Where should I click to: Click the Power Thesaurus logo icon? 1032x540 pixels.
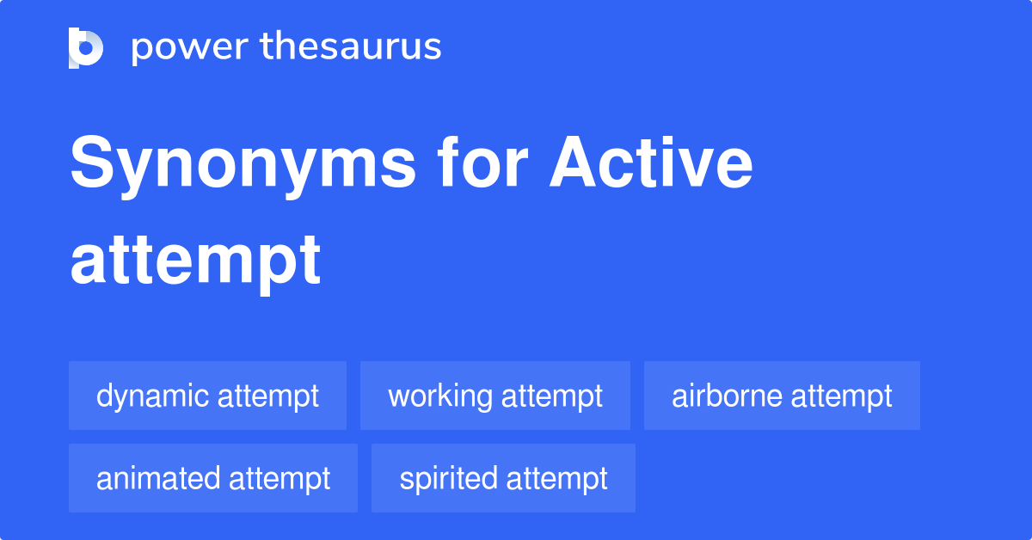86,47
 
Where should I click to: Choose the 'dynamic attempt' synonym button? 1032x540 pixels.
207,396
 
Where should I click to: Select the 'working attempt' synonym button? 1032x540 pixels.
494,396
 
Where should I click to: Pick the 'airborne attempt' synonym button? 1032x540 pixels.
782,396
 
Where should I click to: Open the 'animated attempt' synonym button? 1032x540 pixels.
213,478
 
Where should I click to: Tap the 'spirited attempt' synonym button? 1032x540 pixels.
503,478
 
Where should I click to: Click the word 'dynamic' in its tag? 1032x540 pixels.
153,396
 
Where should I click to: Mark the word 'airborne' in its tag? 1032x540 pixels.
727,396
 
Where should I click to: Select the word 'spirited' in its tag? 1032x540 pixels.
449,479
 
